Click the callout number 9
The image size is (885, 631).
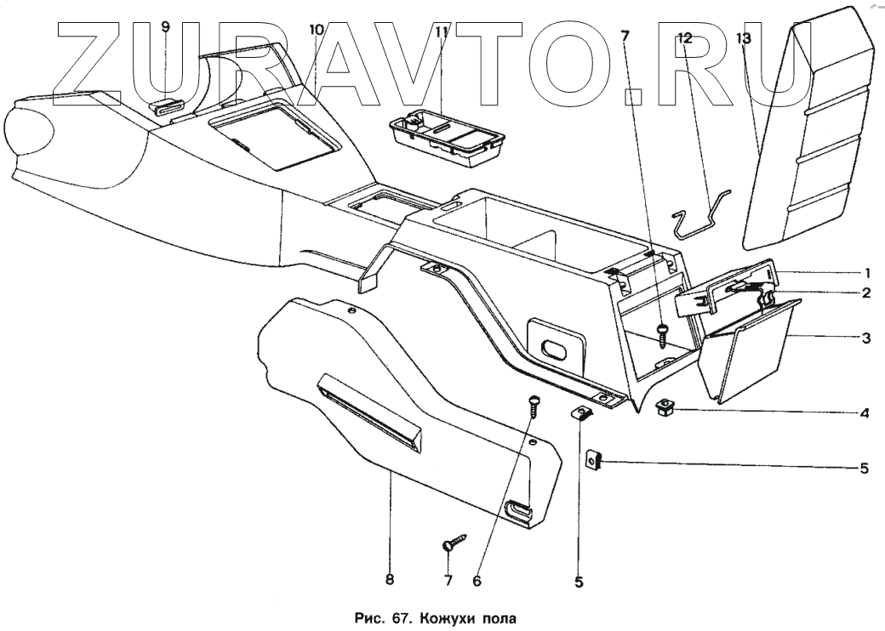pos(165,26)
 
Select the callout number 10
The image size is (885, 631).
pos(317,30)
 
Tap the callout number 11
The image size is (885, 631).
pos(441,32)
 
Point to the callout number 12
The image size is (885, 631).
pos(685,38)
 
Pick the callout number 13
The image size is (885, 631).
pos(744,38)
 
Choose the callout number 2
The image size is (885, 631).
pos(865,293)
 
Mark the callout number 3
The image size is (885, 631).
pos(865,338)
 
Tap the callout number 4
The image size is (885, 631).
pos(865,414)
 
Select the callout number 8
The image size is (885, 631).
pos(389,580)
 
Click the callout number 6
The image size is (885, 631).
pos(477,581)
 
